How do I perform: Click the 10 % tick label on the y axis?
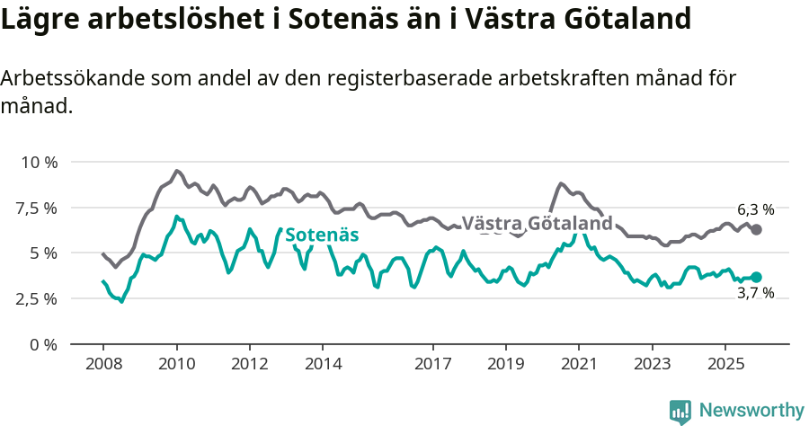40,163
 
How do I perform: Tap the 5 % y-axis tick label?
44,253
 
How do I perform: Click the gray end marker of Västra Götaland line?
756,230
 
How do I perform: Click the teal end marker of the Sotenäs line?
756,278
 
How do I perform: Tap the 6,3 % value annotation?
755,209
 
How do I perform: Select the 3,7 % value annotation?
755,294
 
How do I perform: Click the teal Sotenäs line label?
322,235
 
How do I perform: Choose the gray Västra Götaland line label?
537,224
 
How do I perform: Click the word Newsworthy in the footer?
751,411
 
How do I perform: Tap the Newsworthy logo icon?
680,412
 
